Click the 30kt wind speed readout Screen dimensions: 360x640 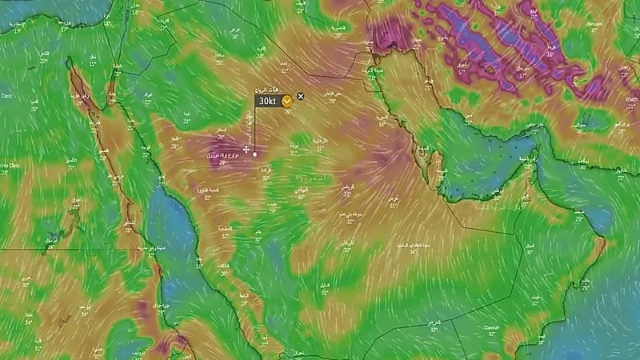coord(266,102)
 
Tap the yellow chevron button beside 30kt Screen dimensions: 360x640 coord(286,102)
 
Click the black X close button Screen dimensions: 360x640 coord(301,96)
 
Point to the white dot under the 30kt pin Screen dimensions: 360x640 coord(255,153)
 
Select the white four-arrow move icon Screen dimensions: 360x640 coord(246,149)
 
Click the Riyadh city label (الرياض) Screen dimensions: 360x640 coord(347,186)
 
